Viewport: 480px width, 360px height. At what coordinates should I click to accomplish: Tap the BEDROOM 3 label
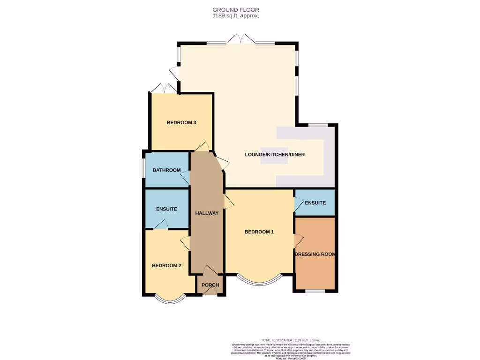181,123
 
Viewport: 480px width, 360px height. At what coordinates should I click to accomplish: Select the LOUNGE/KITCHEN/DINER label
275,155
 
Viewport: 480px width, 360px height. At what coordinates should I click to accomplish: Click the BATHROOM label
166,170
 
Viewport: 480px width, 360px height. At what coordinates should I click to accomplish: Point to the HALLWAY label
207,213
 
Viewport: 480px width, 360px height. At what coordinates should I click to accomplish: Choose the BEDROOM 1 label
259,232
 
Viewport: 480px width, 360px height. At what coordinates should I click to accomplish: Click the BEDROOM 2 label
166,265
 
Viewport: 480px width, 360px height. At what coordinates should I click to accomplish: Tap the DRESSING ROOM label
315,254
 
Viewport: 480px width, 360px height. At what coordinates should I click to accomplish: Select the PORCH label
210,285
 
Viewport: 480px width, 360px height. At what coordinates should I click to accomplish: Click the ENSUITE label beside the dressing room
315,203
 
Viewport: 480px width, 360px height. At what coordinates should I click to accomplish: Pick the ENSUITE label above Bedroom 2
166,209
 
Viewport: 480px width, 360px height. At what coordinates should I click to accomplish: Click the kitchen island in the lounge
274,158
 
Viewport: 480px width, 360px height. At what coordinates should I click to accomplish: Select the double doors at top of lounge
240,39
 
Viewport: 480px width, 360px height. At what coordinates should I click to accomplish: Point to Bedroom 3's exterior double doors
163,89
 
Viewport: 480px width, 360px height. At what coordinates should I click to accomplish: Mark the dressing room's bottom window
315,291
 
